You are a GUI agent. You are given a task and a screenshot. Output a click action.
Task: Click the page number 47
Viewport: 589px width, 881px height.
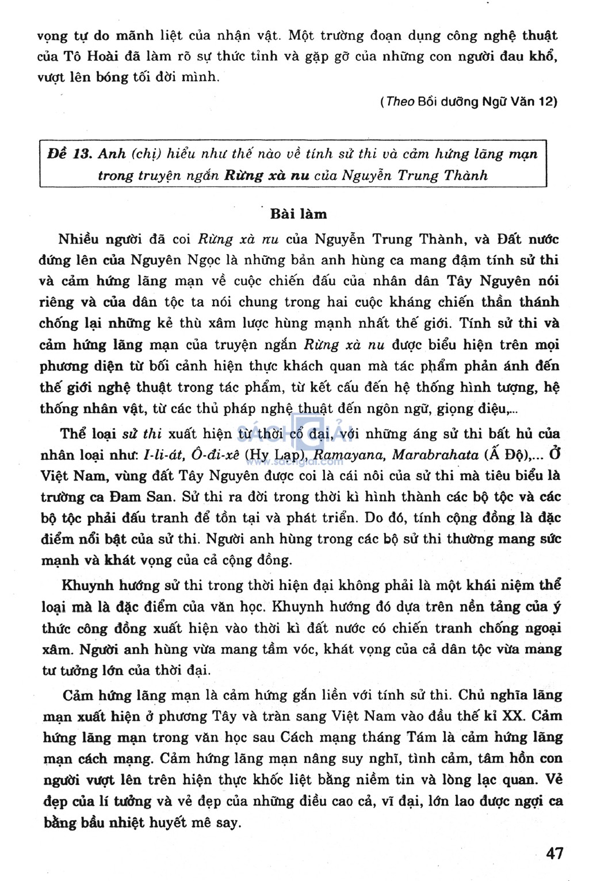coord(554,853)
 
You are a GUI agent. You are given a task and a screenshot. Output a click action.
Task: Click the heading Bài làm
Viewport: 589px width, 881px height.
coord(298,214)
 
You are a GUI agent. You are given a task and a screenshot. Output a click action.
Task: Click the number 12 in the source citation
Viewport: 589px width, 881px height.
coord(545,102)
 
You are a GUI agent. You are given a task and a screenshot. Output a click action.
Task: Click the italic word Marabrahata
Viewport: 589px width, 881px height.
coord(435,455)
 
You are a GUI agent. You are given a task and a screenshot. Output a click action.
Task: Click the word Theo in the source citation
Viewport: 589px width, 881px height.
coord(400,102)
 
